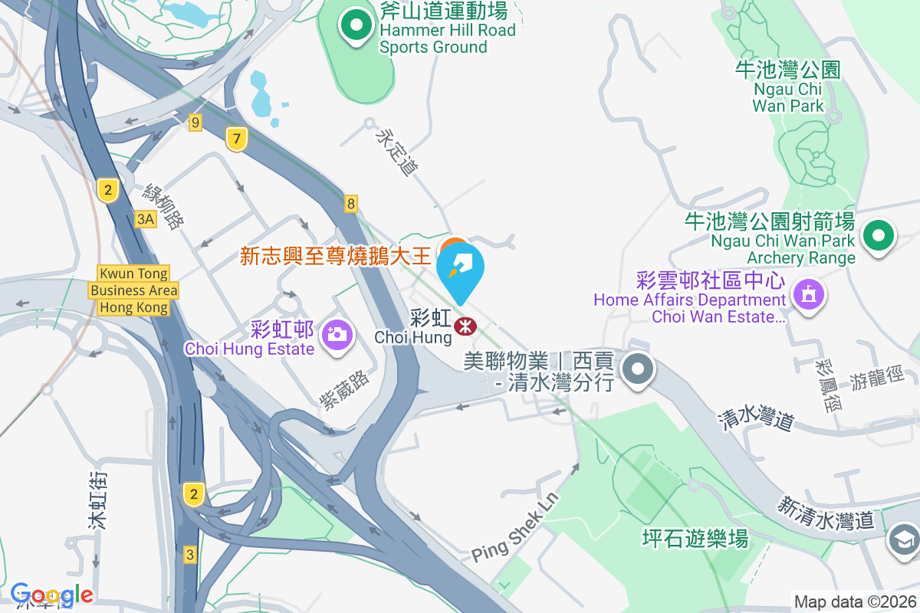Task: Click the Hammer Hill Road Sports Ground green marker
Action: coord(356,27)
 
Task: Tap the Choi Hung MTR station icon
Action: coord(465,326)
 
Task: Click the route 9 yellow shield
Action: coord(195,122)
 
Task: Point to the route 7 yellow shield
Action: coord(238,139)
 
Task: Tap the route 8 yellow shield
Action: coord(351,203)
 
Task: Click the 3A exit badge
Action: coord(146,220)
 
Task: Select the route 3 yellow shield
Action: coord(190,554)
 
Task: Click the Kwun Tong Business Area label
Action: coord(133,290)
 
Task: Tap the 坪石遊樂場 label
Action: coord(695,539)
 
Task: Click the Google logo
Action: coord(51,595)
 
